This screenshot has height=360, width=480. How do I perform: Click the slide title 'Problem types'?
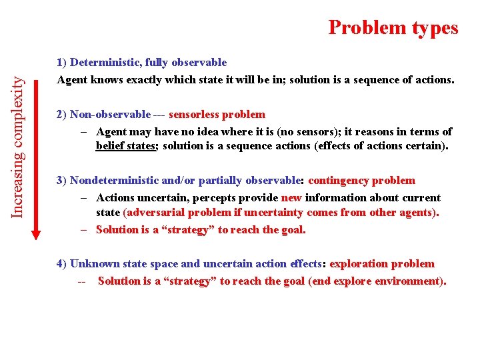393,27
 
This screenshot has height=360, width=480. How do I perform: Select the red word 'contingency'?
339,181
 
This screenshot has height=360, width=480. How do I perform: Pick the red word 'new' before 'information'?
291,198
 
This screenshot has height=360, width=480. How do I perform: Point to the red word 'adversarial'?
156,213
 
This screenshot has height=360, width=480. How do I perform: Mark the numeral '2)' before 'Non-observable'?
62,115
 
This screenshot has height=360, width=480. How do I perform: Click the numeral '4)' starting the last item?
62,264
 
